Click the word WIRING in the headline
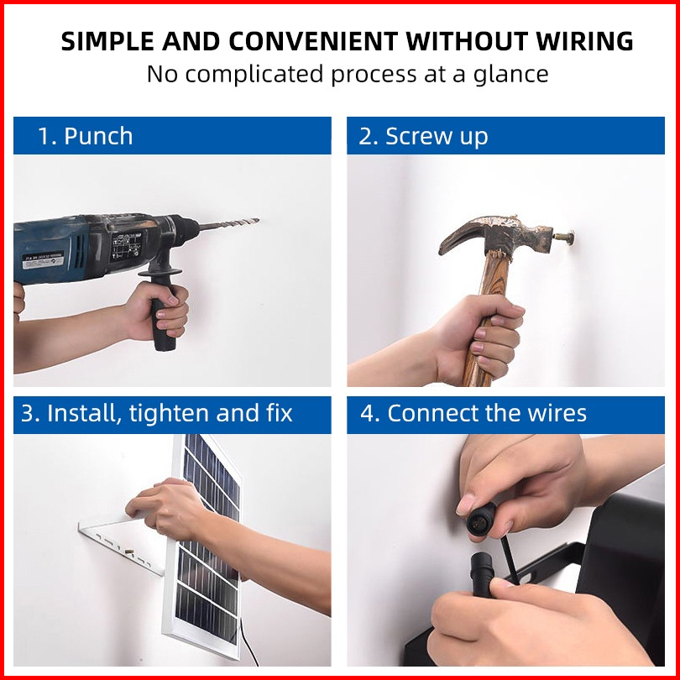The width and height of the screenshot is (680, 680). [x=584, y=41]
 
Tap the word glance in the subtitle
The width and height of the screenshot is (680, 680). [x=511, y=74]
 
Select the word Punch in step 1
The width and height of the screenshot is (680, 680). [x=98, y=136]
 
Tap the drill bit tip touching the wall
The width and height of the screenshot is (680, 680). [x=258, y=220]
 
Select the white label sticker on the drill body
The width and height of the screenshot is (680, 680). [x=43, y=259]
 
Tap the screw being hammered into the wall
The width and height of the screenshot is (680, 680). [x=563, y=238]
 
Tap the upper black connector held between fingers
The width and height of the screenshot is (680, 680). [x=481, y=517]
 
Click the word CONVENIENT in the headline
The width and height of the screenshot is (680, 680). [x=313, y=41]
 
